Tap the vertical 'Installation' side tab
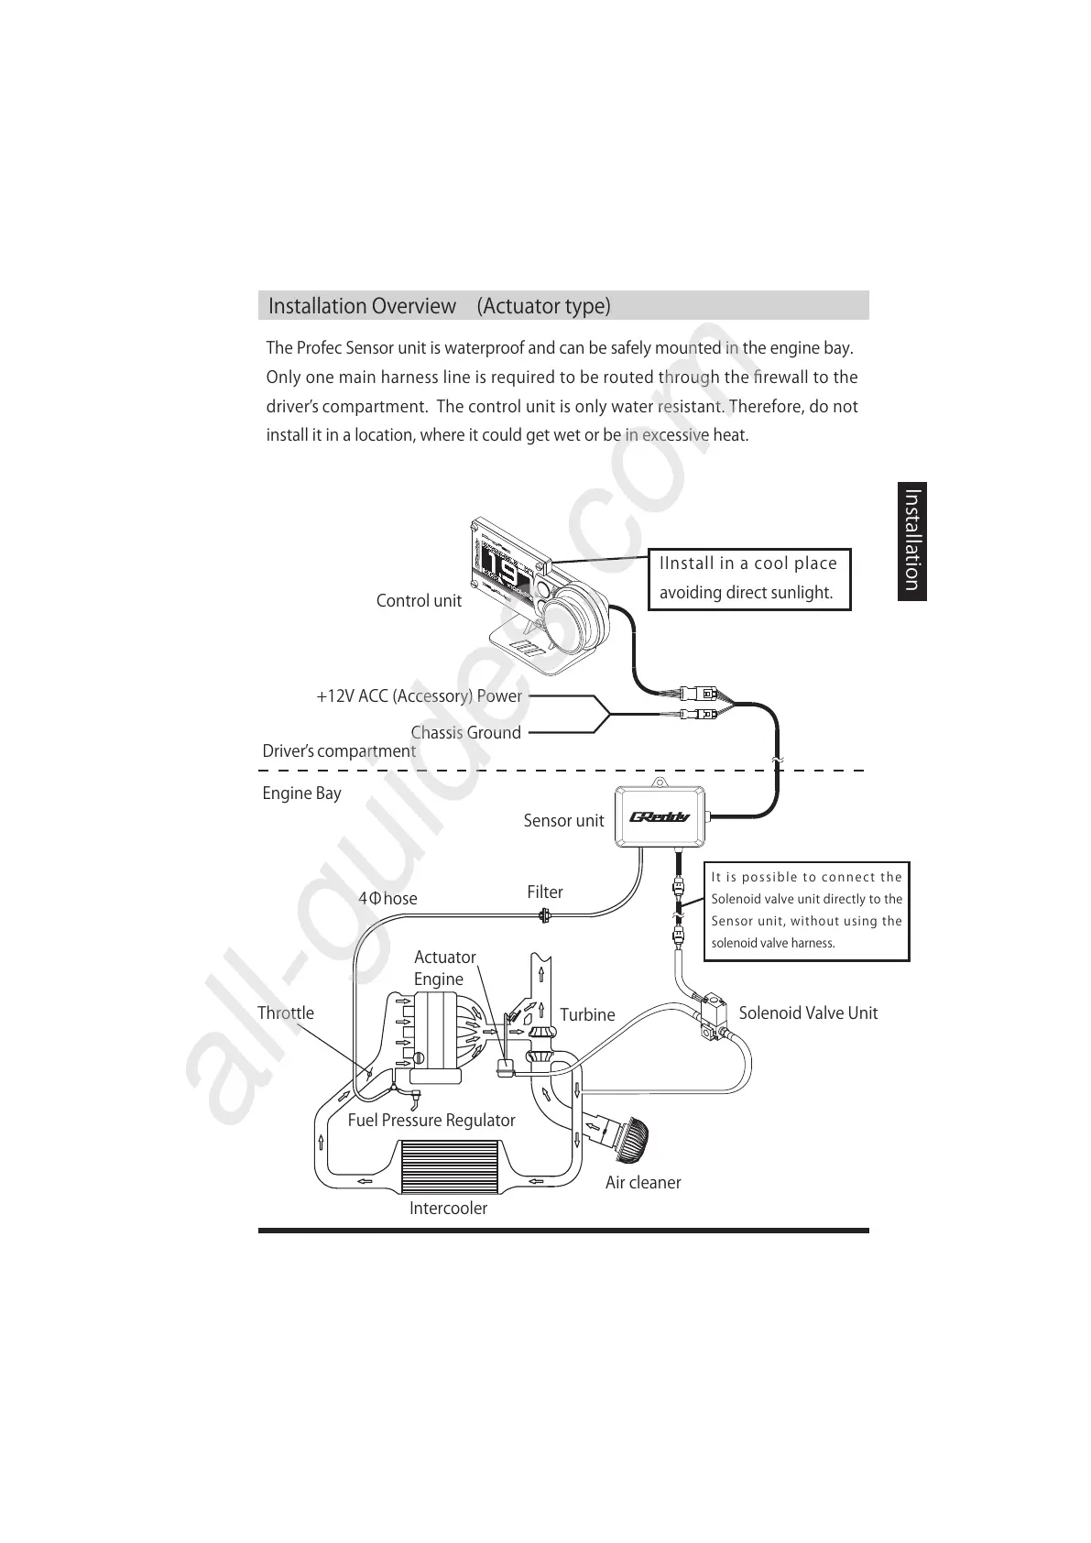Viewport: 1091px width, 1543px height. tap(912, 541)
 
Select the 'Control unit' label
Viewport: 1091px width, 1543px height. tap(419, 601)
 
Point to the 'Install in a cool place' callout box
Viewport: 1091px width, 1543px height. tap(748, 578)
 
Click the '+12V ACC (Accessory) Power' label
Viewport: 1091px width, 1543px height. tap(419, 696)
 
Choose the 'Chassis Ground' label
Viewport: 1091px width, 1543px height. tap(465, 733)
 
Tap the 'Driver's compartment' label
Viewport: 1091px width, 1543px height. tap(339, 751)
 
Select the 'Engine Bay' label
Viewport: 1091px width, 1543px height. tap(301, 793)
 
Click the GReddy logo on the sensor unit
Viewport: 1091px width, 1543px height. tap(660, 817)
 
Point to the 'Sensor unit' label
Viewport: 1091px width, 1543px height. tap(563, 821)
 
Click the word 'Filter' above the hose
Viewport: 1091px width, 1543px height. tap(545, 892)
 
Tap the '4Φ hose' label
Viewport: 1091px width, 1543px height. tap(387, 899)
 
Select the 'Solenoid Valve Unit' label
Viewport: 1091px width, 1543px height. tap(808, 1013)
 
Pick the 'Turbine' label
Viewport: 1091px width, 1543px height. tap(587, 1015)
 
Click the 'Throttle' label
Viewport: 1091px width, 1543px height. tap(286, 1013)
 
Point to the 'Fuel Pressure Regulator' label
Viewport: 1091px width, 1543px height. tap(431, 1121)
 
